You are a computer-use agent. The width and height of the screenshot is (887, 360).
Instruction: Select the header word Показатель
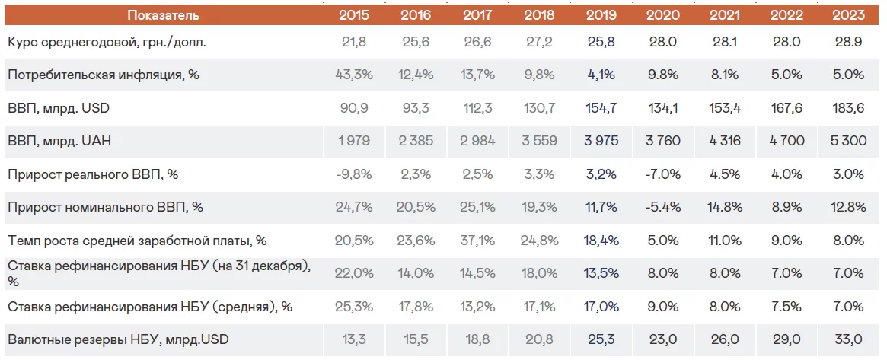163,14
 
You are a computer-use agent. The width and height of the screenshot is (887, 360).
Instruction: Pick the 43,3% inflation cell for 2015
354,75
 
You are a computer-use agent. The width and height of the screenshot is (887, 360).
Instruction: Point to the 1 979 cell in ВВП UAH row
354,142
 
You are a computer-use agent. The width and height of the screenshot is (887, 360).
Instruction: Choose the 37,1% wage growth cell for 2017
477,241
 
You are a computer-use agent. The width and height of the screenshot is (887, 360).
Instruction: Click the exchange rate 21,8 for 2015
354,42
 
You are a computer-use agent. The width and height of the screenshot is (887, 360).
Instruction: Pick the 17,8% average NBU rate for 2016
416,307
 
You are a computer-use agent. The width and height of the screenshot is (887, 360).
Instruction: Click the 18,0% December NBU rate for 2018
539,273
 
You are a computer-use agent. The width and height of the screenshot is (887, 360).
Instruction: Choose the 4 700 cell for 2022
786,142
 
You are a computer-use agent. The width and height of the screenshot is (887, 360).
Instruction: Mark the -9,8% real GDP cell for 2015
354,174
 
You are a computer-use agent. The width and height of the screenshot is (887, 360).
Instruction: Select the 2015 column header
354,14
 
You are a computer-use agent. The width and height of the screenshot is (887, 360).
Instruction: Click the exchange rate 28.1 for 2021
723,42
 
